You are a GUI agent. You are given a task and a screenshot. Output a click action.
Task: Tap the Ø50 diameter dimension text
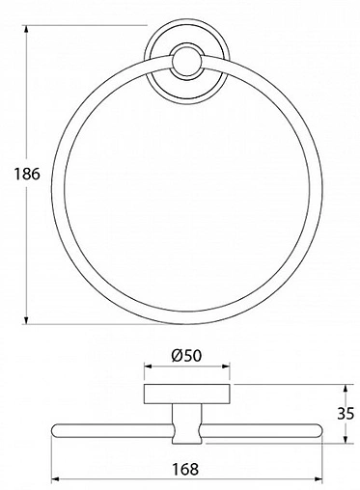187,354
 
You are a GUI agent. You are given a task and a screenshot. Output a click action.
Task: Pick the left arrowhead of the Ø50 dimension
148,367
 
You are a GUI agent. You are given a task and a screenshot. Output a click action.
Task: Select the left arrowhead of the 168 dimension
55,480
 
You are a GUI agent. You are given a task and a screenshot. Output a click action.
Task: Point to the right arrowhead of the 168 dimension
320,480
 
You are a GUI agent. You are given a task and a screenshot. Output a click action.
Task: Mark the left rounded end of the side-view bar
55,431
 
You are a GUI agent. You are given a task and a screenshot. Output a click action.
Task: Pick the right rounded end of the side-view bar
319,431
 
